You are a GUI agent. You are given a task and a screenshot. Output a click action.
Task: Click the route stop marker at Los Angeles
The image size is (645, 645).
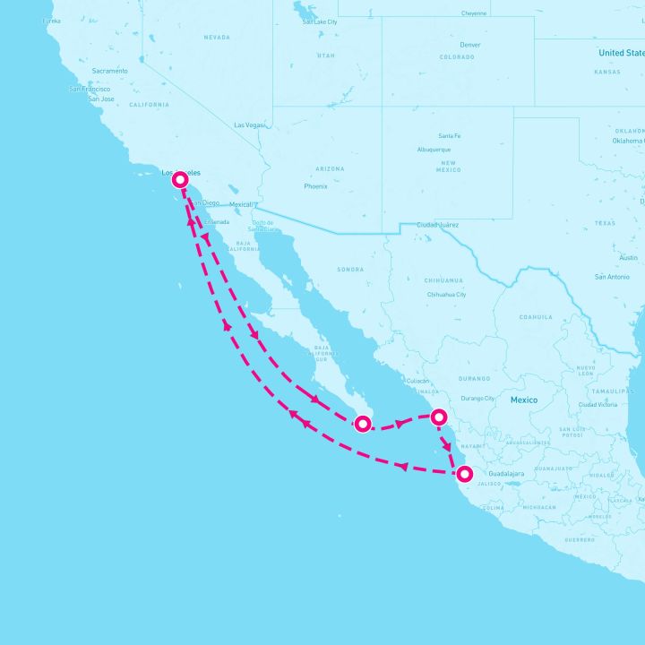(180, 179)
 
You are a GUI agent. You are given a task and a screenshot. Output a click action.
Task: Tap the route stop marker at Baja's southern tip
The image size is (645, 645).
(363, 424)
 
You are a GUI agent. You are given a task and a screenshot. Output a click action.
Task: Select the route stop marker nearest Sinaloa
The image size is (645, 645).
(439, 417)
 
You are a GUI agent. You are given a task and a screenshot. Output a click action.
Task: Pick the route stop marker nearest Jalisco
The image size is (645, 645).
(464, 474)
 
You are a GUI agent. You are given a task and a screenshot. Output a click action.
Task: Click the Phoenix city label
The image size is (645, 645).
(315, 186)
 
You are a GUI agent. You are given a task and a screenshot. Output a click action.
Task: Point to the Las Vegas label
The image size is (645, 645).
(250, 125)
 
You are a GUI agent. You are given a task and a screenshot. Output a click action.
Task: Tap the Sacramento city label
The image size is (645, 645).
(109, 71)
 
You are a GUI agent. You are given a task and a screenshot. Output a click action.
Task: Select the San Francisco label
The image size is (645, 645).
(90, 89)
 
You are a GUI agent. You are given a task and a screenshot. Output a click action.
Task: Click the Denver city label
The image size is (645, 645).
(469, 45)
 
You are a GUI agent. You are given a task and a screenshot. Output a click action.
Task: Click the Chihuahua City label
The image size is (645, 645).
(447, 294)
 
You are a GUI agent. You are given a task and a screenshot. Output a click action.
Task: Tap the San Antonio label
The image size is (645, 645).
(613, 277)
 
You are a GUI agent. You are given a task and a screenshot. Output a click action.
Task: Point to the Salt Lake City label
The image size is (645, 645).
(320, 21)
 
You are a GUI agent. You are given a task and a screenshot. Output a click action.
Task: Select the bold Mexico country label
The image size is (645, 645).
(524, 400)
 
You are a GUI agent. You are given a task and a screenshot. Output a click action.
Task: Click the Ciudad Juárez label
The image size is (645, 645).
(437, 225)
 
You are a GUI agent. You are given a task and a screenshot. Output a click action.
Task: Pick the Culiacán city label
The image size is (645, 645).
(417, 381)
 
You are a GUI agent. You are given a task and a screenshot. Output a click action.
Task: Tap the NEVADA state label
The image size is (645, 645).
(217, 38)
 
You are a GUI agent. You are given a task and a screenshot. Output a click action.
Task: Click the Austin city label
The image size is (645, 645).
(629, 257)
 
